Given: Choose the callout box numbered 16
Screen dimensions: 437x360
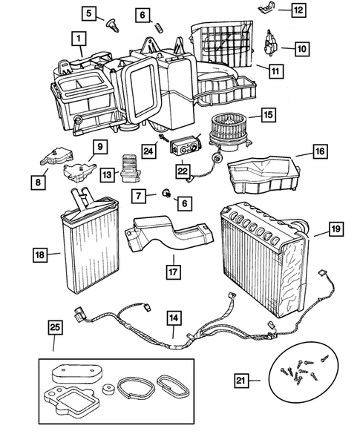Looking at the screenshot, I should [x=319, y=151].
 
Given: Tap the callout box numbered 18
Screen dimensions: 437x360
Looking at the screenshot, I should [x=39, y=255].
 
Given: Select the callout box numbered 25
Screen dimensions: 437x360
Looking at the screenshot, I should [x=53, y=326].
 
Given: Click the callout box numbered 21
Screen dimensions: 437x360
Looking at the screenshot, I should [x=240, y=381].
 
